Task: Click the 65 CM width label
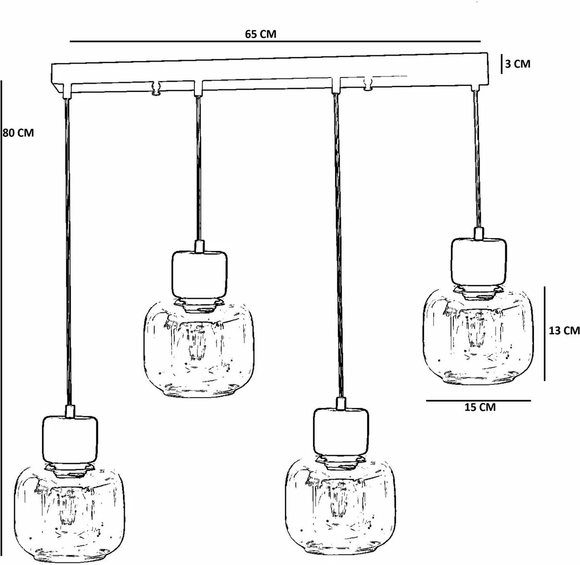pyautogui.click(x=260, y=34)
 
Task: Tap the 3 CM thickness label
pyautogui.click(x=518, y=63)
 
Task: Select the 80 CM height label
pyautogui.click(x=18, y=133)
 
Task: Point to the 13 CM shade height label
pyautogui.click(x=564, y=330)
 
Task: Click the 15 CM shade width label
pyautogui.click(x=480, y=407)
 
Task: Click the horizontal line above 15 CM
pyautogui.click(x=478, y=401)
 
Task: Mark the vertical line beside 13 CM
pyautogui.click(x=544, y=333)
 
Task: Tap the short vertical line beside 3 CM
pyautogui.click(x=502, y=63)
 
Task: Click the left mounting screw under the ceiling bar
pyautogui.click(x=156, y=88)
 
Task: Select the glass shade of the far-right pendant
pyautogui.click(x=478, y=337)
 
